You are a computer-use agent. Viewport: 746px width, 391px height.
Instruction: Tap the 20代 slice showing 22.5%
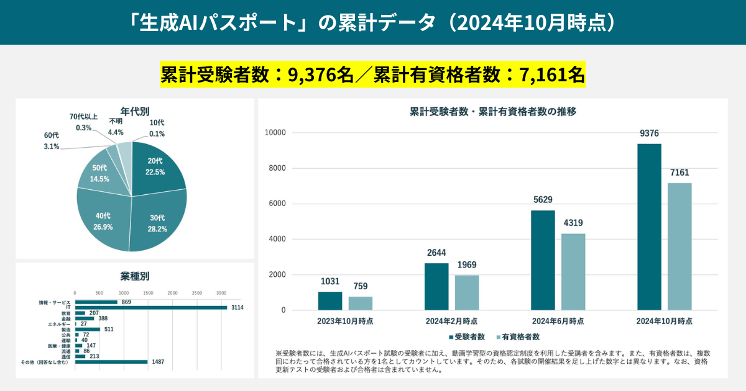(x=155, y=168)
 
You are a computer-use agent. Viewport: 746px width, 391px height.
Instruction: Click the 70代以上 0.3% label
(x=83, y=122)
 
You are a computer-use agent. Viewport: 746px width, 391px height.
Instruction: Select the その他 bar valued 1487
(x=111, y=362)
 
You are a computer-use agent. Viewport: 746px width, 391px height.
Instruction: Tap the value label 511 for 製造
(x=109, y=330)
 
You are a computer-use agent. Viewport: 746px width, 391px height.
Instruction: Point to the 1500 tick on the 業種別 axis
(x=148, y=293)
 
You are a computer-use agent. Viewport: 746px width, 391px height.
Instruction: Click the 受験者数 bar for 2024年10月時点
(x=650, y=227)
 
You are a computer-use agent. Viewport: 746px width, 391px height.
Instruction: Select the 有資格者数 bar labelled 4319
(x=574, y=272)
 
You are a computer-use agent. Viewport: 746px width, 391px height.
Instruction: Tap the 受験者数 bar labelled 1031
(x=330, y=301)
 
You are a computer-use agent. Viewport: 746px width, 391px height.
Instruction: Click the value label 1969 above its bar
(x=467, y=266)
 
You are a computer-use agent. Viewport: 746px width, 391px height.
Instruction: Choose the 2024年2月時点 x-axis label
(x=452, y=321)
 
